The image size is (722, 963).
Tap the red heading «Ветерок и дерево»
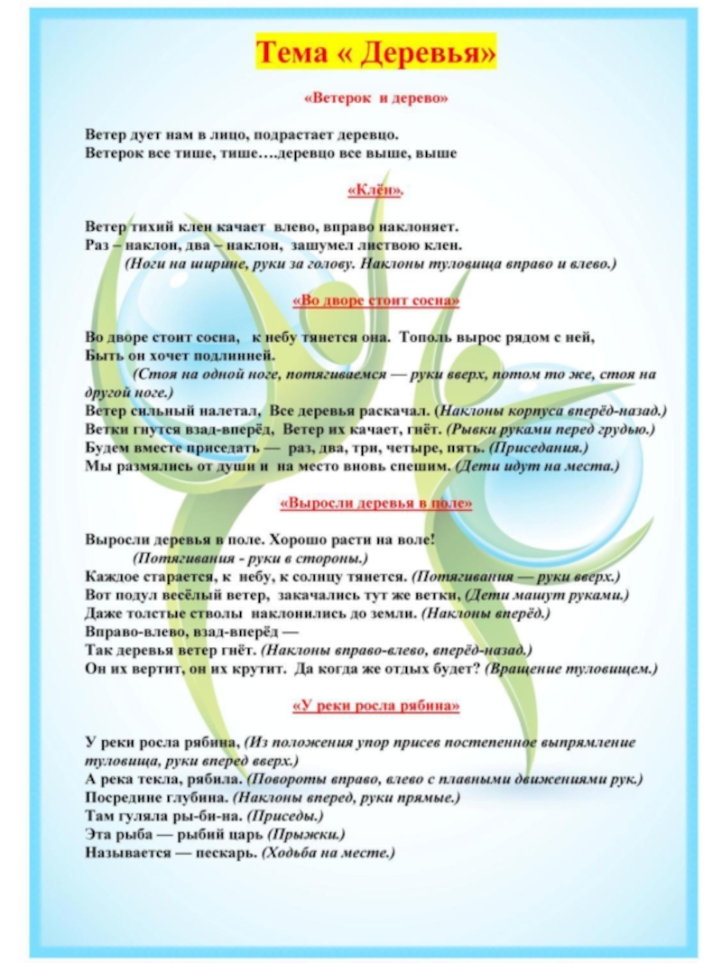(x=375, y=97)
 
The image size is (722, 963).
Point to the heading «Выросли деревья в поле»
(x=375, y=504)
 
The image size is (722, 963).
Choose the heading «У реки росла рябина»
(x=375, y=707)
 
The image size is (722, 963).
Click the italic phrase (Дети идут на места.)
(x=536, y=466)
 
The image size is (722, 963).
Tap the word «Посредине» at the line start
(x=120, y=797)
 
